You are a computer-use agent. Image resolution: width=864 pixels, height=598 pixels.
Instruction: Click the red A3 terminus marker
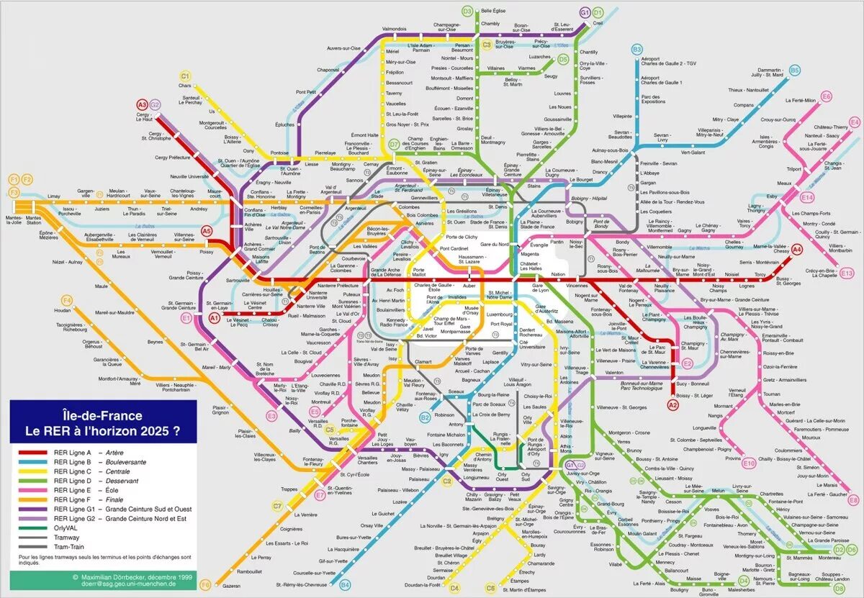click(x=142, y=104)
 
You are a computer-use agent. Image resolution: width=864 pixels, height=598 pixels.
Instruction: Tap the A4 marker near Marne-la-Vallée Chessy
click(x=796, y=250)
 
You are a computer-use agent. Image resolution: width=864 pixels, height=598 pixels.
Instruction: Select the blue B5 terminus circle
click(x=794, y=71)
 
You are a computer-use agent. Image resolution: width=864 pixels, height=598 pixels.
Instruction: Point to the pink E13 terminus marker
click(x=847, y=273)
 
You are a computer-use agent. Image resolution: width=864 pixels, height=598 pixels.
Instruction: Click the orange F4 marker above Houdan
click(x=67, y=300)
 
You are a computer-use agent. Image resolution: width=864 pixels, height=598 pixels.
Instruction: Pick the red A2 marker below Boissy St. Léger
click(x=673, y=406)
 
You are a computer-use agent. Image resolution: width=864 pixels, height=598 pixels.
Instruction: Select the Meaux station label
click(x=783, y=184)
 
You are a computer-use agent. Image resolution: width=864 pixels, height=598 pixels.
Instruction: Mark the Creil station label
click(x=598, y=23)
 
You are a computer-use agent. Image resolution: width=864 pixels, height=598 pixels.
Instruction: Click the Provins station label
click(x=732, y=458)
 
